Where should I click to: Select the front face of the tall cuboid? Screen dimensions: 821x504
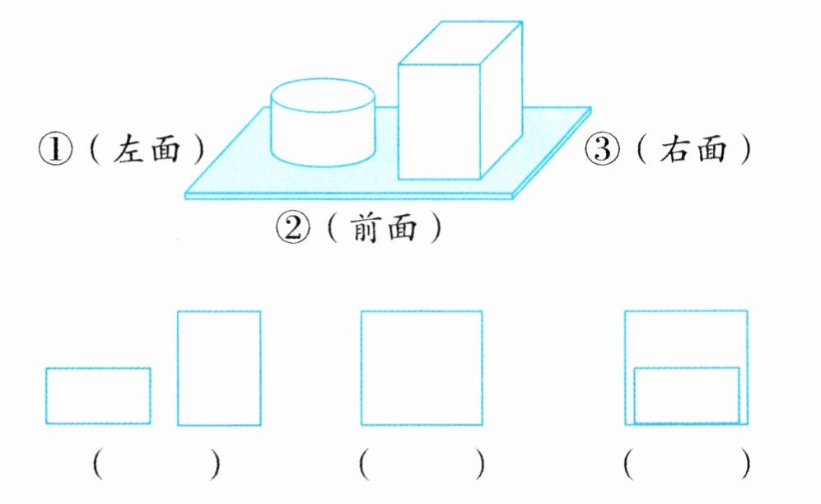tap(439, 120)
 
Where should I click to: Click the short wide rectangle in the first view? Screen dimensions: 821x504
tap(98, 396)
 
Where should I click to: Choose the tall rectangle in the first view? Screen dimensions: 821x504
tap(219, 367)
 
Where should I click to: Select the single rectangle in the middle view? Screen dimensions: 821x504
tap(422, 367)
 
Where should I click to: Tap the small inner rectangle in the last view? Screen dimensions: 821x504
tap(687, 395)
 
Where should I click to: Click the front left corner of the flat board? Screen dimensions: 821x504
tap(187, 194)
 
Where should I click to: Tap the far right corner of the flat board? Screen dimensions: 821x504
tap(590, 110)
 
